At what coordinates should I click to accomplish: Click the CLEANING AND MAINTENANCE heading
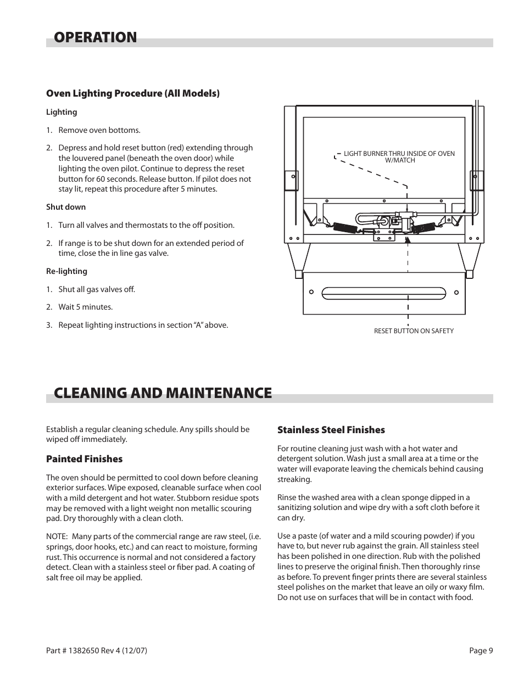[x=163, y=393]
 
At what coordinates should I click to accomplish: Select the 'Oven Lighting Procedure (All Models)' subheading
[x=132, y=93]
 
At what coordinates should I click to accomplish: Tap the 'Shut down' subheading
[x=66, y=207]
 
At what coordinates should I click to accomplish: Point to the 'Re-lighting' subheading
[x=66, y=271]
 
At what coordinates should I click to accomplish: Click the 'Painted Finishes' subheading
[x=84, y=459]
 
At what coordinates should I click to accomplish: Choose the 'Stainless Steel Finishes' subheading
[x=331, y=430]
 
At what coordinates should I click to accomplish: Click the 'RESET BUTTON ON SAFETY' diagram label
[x=414, y=331]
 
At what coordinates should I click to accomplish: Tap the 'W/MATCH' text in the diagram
[x=400, y=160]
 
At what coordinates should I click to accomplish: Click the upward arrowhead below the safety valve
[x=408, y=239]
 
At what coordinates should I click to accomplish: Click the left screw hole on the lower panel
[x=311, y=293]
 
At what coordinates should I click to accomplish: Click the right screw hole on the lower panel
[x=456, y=293]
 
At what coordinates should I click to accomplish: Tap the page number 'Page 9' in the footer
[x=481, y=651]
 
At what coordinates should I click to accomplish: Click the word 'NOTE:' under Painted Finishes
[x=57, y=537]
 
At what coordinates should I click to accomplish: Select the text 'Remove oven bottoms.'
[x=99, y=130]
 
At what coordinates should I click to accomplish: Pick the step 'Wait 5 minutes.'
[x=85, y=307]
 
